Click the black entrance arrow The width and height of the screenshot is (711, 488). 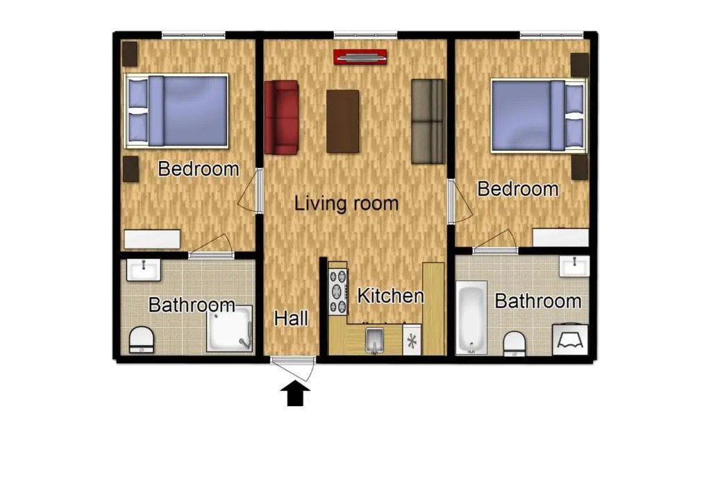click(295, 394)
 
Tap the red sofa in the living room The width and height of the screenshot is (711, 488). click(281, 117)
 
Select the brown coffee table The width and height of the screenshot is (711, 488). click(342, 121)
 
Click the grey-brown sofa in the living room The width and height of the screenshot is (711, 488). click(428, 121)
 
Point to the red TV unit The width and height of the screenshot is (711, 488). click(360, 57)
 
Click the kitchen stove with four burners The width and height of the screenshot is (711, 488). click(338, 291)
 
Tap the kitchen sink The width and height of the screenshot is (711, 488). click(374, 340)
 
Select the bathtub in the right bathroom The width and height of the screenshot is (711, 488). click(471, 317)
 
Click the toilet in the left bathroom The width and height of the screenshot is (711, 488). click(142, 339)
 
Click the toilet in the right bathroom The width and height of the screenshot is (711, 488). click(514, 343)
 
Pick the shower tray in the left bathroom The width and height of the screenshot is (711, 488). click(229, 328)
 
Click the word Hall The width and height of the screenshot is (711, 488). click(291, 319)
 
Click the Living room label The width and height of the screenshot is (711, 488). click(346, 204)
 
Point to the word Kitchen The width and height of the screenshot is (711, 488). click(390, 296)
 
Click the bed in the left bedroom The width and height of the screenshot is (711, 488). click(176, 111)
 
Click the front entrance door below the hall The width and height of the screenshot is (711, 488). click(294, 360)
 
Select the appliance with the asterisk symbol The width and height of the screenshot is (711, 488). click(411, 340)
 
